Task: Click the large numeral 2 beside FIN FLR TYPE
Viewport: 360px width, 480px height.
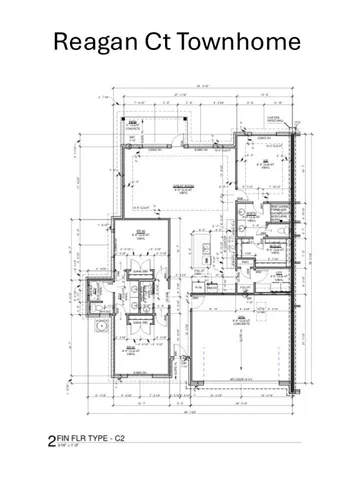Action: coord(52,439)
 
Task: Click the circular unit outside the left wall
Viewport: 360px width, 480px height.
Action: coord(99,325)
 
